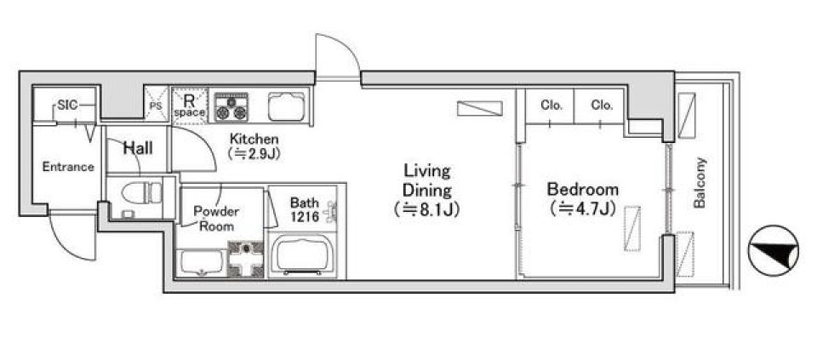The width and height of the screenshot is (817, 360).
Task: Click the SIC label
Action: [x=67, y=105]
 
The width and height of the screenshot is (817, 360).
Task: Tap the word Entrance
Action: [x=68, y=168]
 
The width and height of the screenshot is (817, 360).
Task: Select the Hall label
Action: [x=138, y=148]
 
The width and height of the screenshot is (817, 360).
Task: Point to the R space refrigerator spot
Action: [x=190, y=106]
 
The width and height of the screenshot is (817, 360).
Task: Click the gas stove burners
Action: [x=231, y=106]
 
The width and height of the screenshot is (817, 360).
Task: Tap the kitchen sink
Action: [x=286, y=106]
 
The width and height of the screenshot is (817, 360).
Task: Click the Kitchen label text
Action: [x=254, y=139]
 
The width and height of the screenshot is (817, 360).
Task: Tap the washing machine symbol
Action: [x=246, y=259]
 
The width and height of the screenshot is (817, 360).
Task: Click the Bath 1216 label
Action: [x=305, y=209]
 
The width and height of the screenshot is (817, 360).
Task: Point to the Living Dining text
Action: [x=427, y=180]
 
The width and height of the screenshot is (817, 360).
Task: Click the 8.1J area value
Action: [x=426, y=210]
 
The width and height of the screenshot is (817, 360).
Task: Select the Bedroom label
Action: [x=582, y=188]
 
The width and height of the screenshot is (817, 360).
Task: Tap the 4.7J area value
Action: [x=583, y=209]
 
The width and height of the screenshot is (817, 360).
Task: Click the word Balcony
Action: [x=700, y=183]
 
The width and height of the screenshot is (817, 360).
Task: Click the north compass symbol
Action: [x=774, y=250]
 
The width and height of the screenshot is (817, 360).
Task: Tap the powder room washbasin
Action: [x=201, y=263]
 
